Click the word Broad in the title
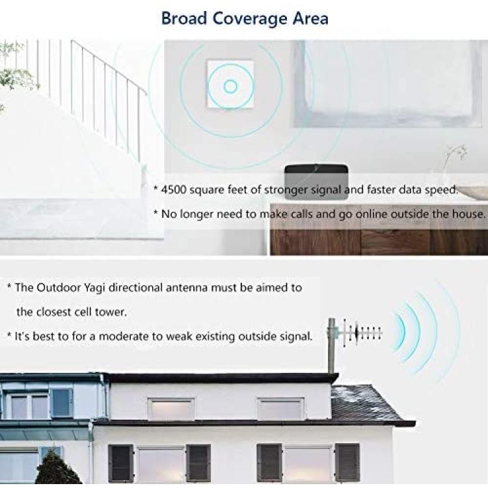click(x=184, y=18)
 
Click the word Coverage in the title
click(x=250, y=19)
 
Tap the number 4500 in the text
click(x=174, y=189)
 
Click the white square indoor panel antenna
click(x=230, y=84)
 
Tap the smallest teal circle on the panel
click(x=230, y=87)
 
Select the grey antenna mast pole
click(x=331, y=346)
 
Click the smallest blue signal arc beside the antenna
click(x=401, y=331)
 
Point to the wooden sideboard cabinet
click(x=378, y=230)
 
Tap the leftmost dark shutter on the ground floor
click(x=121, y=463)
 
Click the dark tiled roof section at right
click(x=367, y=403)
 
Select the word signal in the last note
click(x=294, y=337)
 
